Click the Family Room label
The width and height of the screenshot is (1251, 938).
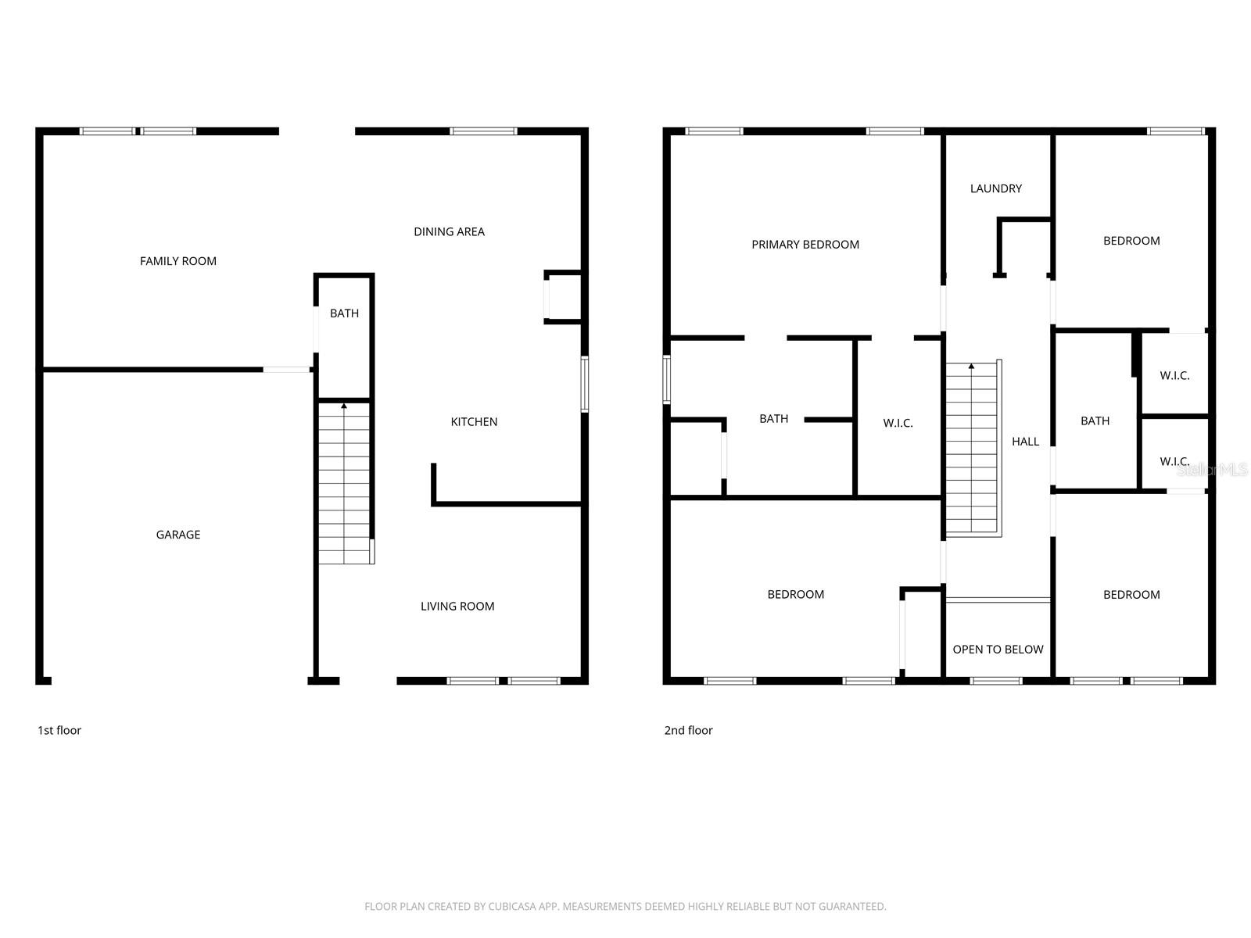[178, 261]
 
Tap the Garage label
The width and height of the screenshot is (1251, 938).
[178, 535]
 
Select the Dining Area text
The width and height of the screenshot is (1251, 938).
[449, 231]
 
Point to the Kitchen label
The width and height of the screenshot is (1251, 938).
[474, 422]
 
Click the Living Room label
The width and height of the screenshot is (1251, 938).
[457, 606]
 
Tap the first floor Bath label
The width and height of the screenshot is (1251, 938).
[344, 313]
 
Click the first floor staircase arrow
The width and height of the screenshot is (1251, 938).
[344, 406]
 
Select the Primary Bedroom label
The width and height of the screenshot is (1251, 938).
[805, 245]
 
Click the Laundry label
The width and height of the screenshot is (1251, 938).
[996, 188]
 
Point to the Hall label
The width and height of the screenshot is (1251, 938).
[1026, 442]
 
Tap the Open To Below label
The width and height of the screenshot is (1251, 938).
[998, 650]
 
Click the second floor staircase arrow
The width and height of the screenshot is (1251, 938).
[972, 366]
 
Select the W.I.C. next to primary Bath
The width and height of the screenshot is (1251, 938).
[898, 423]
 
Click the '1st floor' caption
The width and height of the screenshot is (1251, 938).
[59, 730]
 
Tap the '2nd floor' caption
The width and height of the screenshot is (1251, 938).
[688, 730]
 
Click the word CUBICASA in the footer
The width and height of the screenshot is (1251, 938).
[516, 907]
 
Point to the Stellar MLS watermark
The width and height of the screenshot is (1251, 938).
[1212, 470]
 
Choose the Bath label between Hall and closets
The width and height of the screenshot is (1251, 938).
[1095, 421]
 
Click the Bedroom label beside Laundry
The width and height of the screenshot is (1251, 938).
[1131, 241]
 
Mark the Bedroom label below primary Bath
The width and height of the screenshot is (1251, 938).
[795, 595]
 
